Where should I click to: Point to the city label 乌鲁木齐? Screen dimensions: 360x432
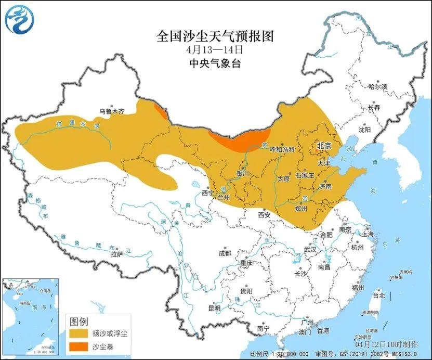[112, 111]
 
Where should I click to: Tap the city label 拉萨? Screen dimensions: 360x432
[116, 254]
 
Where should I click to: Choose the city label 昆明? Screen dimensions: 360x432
[214, 308]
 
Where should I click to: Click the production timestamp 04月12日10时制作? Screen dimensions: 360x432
[386, 344]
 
